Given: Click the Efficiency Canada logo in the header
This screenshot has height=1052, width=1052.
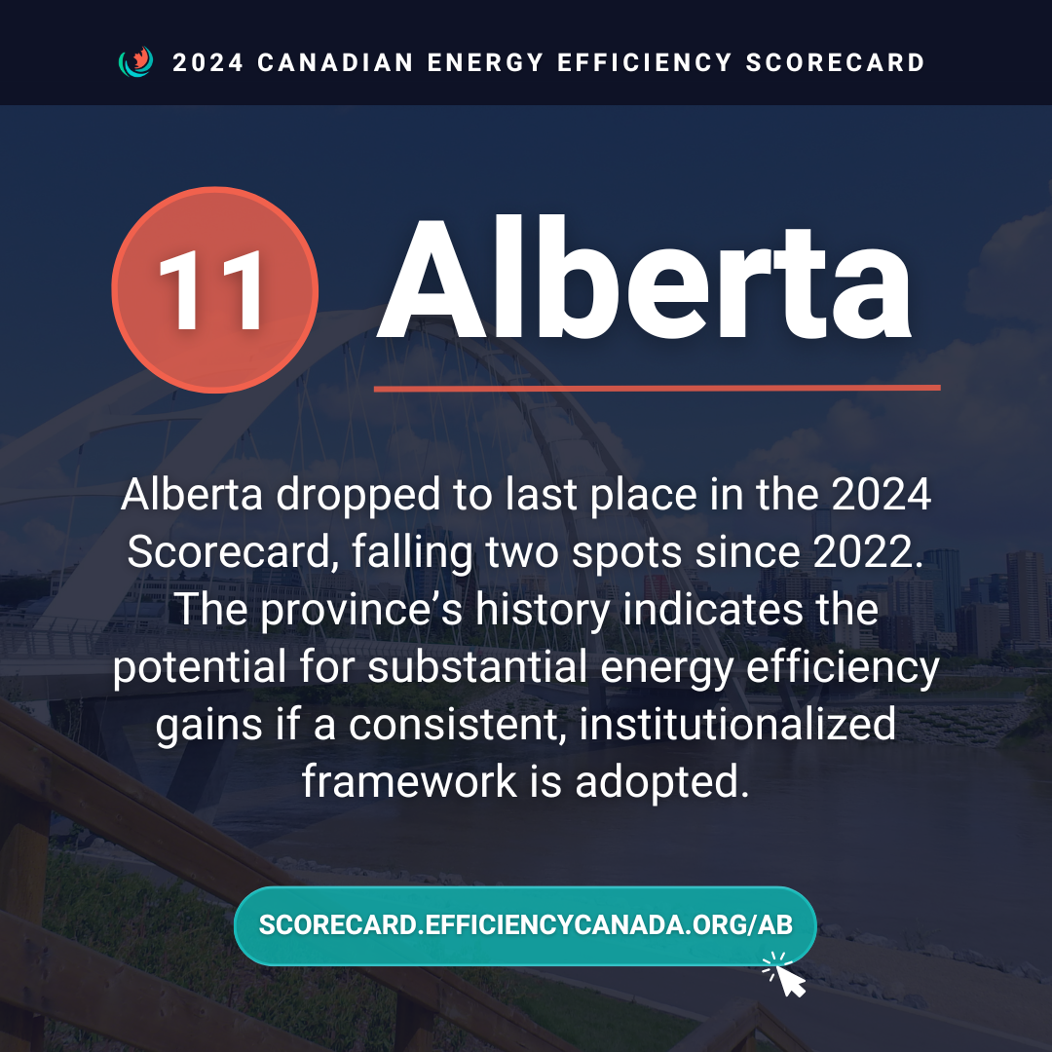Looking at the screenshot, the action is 135,61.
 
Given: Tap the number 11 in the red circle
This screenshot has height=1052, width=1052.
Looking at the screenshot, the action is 211,290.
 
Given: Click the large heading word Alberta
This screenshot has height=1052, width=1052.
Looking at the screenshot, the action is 644,280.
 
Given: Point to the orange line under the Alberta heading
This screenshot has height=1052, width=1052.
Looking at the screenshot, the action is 657,388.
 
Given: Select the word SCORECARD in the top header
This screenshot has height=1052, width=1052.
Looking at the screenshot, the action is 836,62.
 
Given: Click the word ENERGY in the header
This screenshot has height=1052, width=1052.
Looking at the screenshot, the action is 485,62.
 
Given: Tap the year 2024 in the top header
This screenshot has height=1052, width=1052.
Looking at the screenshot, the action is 208,62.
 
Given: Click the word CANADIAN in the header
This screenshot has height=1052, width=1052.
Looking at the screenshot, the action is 335,62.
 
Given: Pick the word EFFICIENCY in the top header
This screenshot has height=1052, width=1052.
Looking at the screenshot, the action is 645,62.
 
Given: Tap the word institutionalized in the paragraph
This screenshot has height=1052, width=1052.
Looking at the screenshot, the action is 737,725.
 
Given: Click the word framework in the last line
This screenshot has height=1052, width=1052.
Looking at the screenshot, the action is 409,781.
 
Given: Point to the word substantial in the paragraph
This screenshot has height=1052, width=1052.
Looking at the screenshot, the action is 477,667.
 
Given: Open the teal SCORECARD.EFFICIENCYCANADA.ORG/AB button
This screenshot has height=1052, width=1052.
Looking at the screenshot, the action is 525,926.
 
